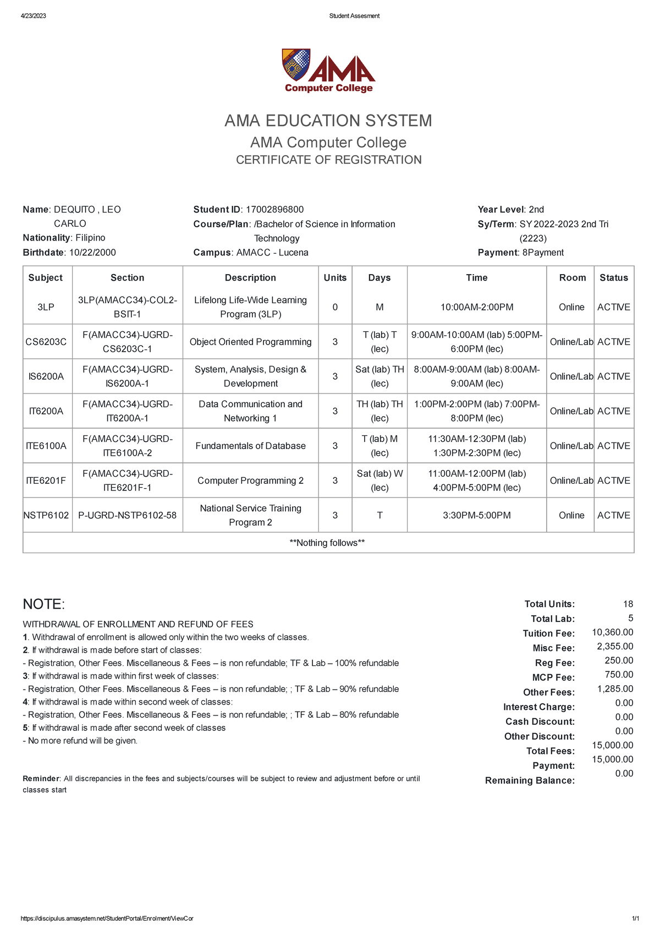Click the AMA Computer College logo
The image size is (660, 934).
click(x=328, y=71)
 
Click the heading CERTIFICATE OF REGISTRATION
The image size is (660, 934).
click(x=328, y=160)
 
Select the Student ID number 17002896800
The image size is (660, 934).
click(x=274, y=209)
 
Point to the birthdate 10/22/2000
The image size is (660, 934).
click(x=92, y=253)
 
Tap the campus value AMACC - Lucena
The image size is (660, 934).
click(x=272, y=253)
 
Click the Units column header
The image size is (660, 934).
click(x=335, y=278)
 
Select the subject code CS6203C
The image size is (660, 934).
click(x=46, y=342)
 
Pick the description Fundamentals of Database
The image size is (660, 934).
click(x=250, y=446)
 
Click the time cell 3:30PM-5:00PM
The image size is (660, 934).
click(x=476, y=515)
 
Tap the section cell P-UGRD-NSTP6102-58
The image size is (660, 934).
click(x=127, y=515)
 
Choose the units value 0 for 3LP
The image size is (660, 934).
click(x=335, y=307)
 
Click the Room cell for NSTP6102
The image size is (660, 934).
click(x=571, y=515)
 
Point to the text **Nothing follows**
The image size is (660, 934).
click(x=327, y=543)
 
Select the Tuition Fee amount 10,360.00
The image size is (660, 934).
click(x=612, y=632)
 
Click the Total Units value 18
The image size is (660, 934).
click(x=628, y=604)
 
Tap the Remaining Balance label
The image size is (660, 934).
click(x=530, y=780)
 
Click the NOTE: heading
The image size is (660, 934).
click(x=44, y=604)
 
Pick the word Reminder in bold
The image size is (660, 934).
click(x=41, y=779)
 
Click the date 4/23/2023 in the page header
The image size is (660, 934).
click(x=34, y=16)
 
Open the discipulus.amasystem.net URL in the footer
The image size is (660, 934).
click(x=107, y=919)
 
